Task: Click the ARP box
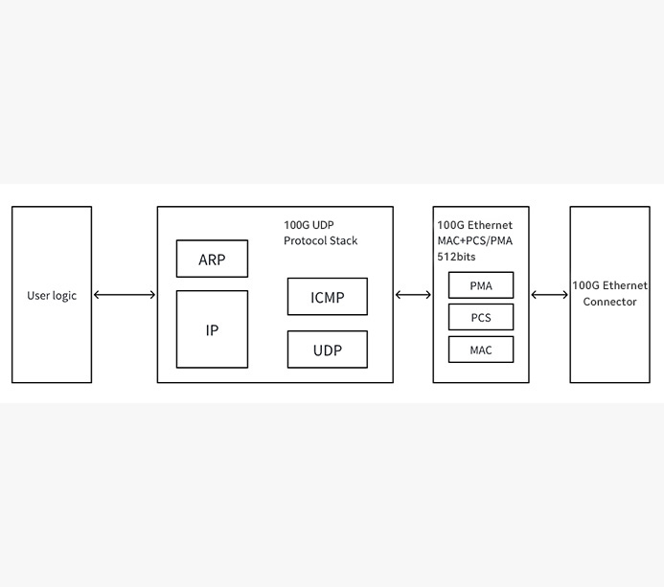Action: point(212,260)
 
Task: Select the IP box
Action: point(212,329)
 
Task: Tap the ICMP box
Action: point(328,297)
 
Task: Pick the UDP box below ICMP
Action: point(328,350)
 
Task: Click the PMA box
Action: point(481,285)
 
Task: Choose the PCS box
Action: point(481,318)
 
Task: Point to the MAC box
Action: point(481,350)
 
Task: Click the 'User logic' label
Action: point(52,295)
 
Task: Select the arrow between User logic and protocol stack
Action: point(125,295)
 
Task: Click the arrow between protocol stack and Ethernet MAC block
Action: point(413,295)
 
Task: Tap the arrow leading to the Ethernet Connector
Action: point(549,295)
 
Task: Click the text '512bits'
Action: point(457,257)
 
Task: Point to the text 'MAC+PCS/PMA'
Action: point(475,240)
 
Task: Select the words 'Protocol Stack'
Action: point(320,240)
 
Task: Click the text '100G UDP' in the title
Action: point(309,225)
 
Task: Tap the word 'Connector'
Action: point(609,302)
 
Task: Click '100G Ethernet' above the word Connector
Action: point(609,285)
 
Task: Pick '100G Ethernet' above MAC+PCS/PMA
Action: point(475,225)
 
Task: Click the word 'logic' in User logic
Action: point(64,295)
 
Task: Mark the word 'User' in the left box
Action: point(38,295)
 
